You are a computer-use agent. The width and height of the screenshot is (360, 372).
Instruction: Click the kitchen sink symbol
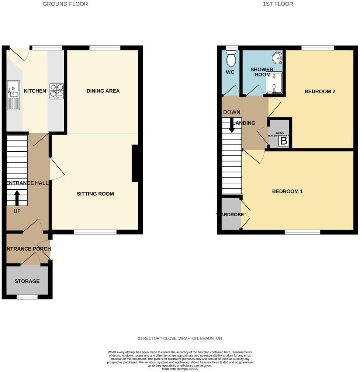(13, 96)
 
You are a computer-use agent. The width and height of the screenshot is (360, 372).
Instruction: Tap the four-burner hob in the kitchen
(56, 91)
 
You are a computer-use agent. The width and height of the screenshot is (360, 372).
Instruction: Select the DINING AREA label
(103, 91)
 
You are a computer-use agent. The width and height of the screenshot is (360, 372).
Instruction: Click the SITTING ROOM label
(95, 194)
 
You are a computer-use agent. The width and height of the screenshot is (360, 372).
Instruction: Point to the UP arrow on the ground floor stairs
(17, 198)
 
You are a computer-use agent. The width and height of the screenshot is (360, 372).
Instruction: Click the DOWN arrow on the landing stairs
(232, 125)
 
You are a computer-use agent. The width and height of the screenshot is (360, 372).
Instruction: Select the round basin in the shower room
(277, 58)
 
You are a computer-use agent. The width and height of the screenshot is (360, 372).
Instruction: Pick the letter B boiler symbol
(284, 141)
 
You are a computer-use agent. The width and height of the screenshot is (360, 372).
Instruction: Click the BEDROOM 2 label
(320, 92)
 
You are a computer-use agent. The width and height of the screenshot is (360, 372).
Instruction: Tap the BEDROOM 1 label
(287, 192)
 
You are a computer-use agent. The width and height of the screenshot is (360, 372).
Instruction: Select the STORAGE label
(27, 281)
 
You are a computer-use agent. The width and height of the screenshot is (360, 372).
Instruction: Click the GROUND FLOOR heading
(65, 4)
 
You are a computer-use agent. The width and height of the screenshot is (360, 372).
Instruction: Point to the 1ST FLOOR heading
(278, 4)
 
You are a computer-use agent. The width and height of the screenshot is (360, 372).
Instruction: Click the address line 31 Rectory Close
(180, 338)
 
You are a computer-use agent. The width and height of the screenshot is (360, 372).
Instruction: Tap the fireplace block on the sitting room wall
(135, 163)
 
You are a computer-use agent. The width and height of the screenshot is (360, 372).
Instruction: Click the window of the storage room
(27, 297)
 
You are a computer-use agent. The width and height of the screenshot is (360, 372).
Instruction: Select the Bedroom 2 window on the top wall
(318, 48)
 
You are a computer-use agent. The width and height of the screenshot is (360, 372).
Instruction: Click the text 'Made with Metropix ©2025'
(180, 369)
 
